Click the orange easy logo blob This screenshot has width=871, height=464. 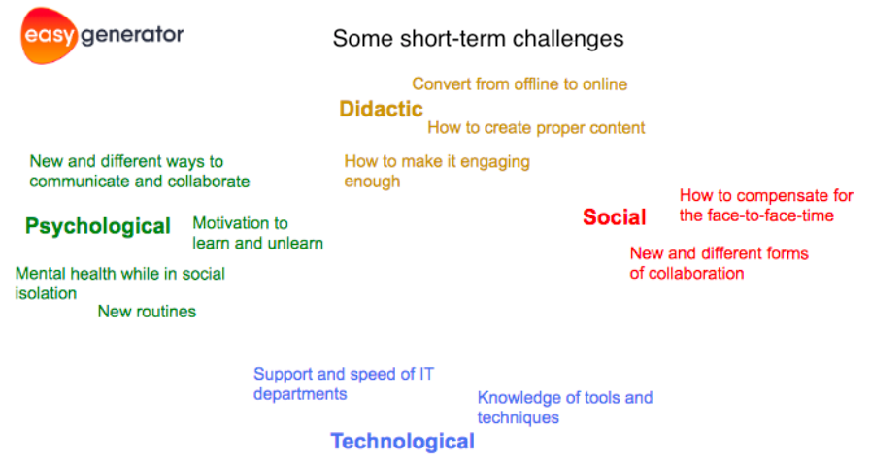pyautogui.click(x=49, y=36)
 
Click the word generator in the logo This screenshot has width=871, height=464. pyautogui.click(x=132, y=36)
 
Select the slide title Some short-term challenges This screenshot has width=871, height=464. pyautogui.click(x=479, y=39)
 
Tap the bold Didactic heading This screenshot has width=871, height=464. pyautogui.click(x=381, y=109)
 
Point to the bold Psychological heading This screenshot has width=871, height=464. pyautogui.click(x=98, y=226)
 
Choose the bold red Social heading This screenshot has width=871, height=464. pyautogui.click(x=615, y=217)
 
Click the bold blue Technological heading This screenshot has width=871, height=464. pyautogui.click(x=403, y=442)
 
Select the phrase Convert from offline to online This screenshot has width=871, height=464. pyautogui.click(x=519, y=83)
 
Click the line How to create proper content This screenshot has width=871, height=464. pyautogui.click(x=536, y=128)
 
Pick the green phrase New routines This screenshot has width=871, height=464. pyautogui.click(x=147, y=312)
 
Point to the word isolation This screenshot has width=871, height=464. pyautogui.click(x=46, y=293)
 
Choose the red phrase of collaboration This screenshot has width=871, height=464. pyautogui.click(x=687, y=273)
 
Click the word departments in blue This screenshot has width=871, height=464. pyautogui.click(x=300, y=395)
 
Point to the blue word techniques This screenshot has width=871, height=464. pyautogui.click(x=518, y=418)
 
